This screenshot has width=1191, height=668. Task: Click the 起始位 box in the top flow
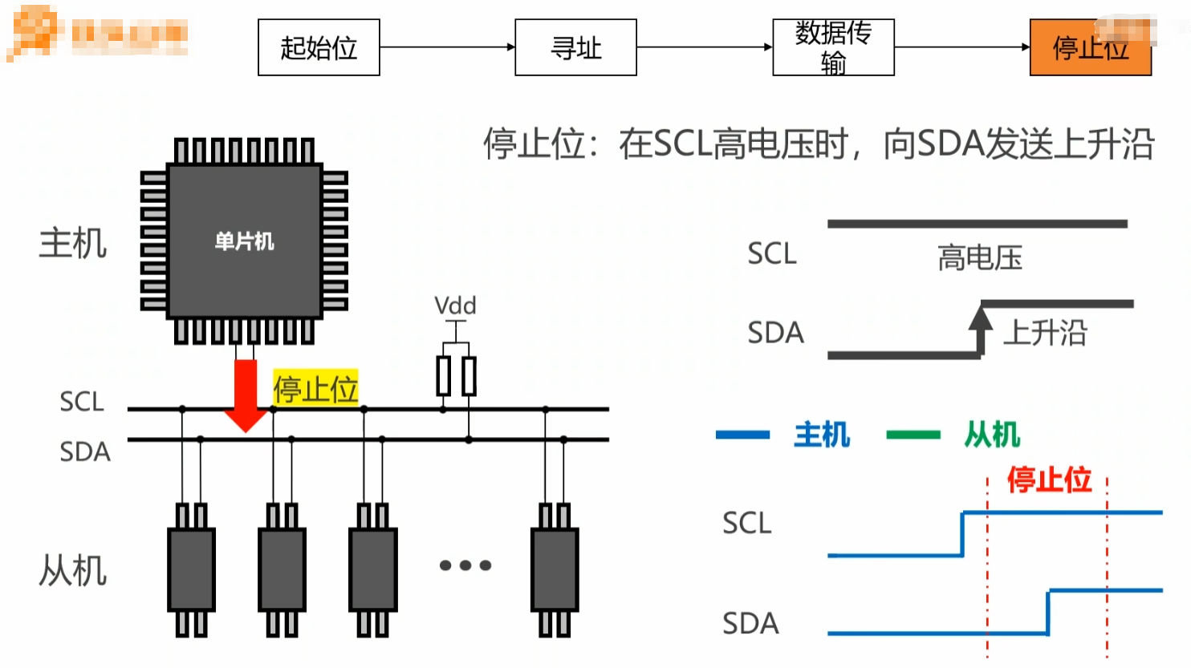[319, 47]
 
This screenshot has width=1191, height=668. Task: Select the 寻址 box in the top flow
[575, 47]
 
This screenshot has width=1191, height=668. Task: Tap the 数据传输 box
[833, 47]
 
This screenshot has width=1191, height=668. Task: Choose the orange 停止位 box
[1090, 48]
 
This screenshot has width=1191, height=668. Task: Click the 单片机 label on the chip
[245, 241]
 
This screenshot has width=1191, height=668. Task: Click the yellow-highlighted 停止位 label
[315, 389]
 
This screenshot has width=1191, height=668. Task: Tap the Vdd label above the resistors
[455, 306]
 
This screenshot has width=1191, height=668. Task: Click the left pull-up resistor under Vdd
[443, 376]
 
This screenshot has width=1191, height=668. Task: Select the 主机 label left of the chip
[73, 243]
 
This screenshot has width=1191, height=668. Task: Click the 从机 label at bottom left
[73, 571]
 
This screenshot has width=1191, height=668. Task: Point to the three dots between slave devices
[465, 565]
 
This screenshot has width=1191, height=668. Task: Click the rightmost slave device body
[555, 569]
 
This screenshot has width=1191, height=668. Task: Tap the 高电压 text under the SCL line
[980, 258]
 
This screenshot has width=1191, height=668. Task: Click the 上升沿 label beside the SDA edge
[1045, 333]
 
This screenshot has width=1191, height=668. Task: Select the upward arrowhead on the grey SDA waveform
[980, 318]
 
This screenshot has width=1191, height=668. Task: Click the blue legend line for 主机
[742, 435]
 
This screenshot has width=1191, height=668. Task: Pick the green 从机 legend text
[992, 435]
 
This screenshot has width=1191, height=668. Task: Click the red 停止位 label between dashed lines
[1049, 480]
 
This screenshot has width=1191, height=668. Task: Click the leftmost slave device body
[191, 569]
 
